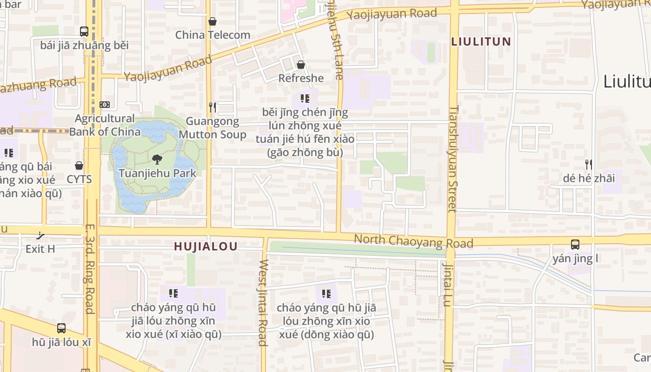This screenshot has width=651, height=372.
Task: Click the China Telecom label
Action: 213,35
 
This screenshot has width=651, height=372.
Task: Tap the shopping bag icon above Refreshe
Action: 301,65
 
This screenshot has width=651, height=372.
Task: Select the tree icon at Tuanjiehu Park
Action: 157,159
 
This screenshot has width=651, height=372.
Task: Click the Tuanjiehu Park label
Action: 157,173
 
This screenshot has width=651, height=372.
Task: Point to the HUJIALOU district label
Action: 206,246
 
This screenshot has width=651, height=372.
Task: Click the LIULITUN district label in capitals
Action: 481,41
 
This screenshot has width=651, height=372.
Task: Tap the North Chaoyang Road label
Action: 413,241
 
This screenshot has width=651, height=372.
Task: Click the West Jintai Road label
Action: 263,303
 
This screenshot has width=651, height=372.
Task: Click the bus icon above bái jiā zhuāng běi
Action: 84,32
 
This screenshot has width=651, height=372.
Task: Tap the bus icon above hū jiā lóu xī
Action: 61,328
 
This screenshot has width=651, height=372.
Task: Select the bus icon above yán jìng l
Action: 575,245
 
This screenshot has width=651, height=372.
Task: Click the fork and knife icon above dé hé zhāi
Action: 589,164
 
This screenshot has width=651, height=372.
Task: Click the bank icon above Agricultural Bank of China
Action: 105,105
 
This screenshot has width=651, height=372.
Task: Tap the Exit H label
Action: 40,249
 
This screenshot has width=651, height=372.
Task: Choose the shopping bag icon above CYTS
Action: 79,166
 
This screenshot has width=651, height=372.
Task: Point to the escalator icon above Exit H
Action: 40,235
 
